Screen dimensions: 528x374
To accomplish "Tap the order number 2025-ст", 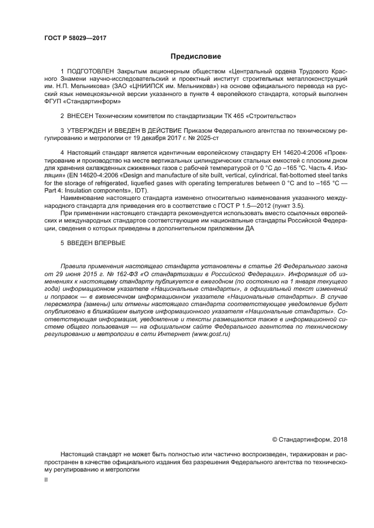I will (208, 137).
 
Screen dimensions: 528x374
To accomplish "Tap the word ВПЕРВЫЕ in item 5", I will (109, 243).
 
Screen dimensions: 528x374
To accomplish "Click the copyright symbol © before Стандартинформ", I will (275, 439).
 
